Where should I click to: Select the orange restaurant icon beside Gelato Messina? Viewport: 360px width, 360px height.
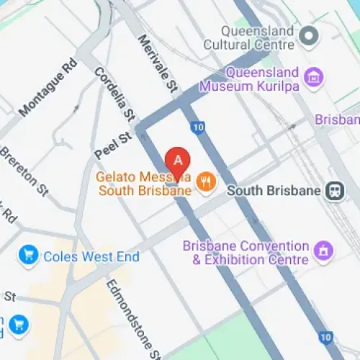(x=207, y=183)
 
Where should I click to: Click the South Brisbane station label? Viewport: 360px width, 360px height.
(x=273, y=192)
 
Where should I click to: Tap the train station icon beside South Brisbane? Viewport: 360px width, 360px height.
(x=334, y=191)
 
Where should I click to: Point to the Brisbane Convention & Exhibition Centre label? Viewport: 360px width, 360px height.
(x=246, y=253)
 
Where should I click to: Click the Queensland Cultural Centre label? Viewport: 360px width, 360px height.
(x=258, y=38)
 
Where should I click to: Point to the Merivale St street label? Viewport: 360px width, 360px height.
(x=158, y=64)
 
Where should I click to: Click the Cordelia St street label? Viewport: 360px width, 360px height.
(x=114, y=94)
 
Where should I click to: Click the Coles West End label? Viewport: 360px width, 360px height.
(x=91, y=256)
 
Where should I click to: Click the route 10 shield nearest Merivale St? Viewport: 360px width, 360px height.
(x=198, y=127)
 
